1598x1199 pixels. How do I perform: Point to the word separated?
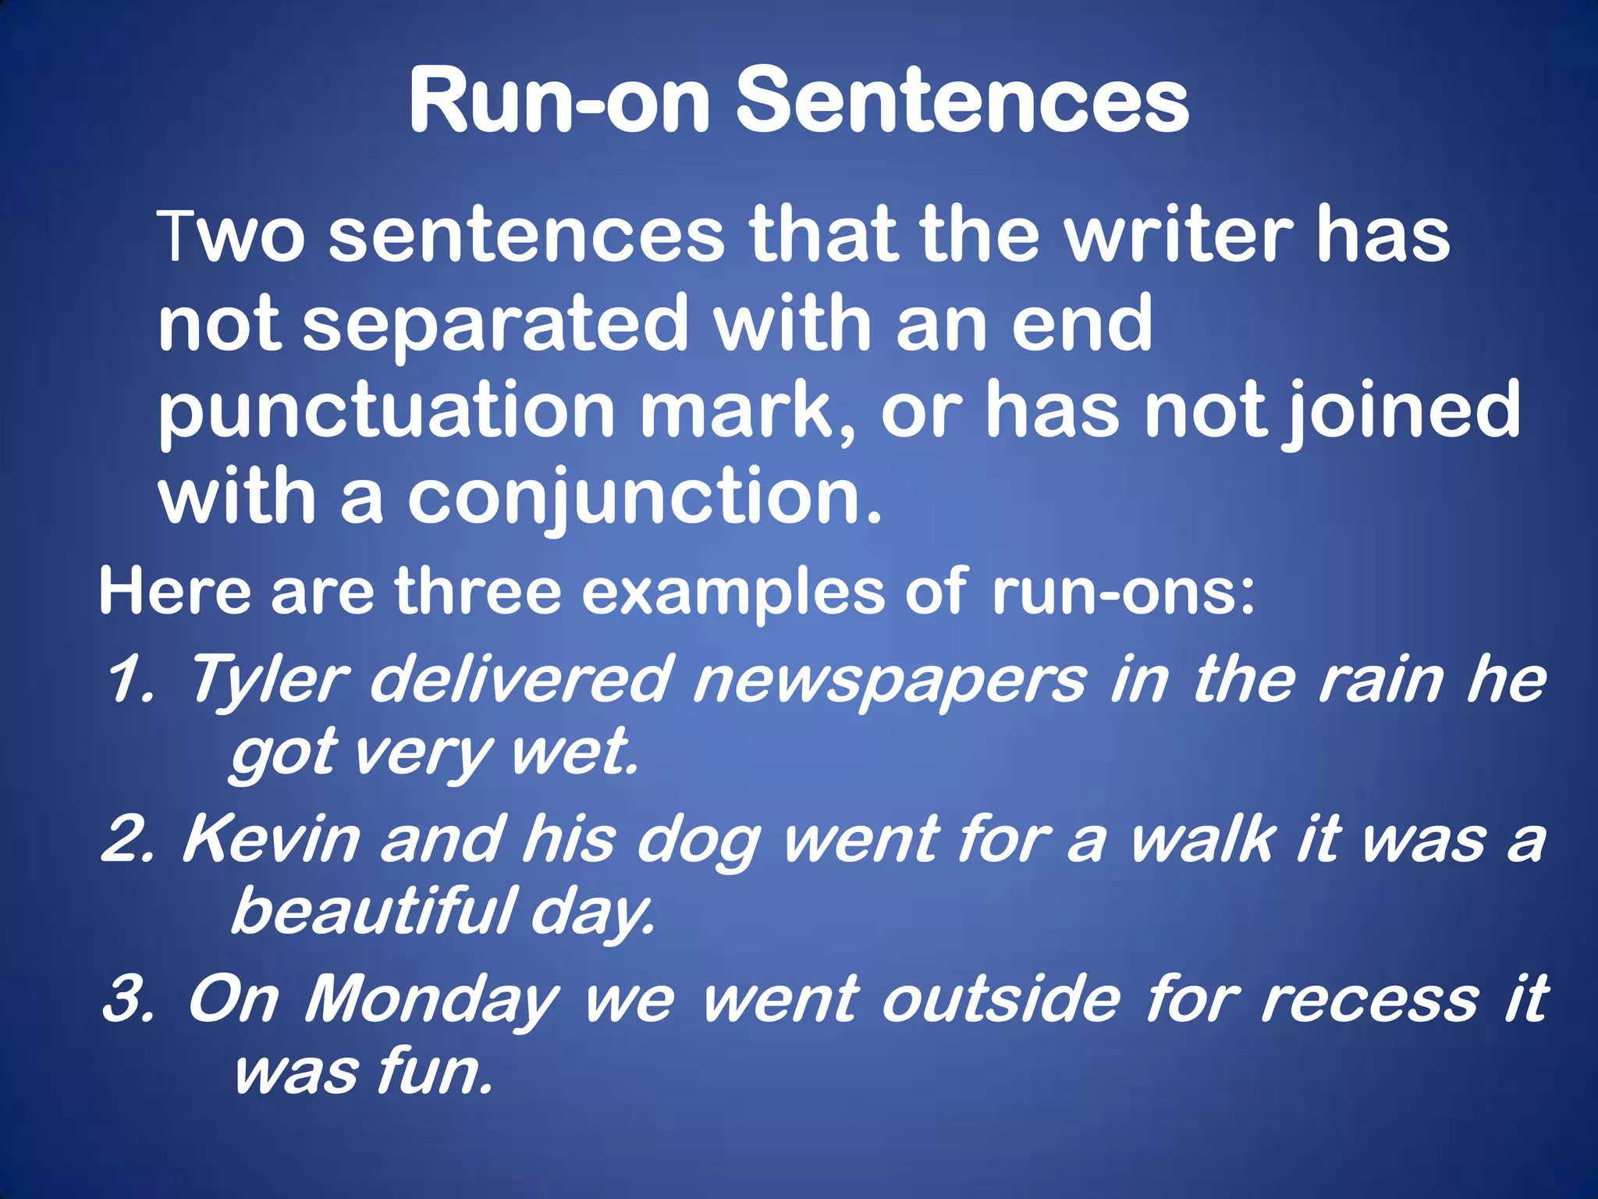click(495, 323)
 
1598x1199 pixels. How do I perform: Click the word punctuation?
click(387, 411)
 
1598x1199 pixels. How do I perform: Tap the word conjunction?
click(645, 500)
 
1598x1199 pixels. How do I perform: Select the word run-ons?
click(1123, 592)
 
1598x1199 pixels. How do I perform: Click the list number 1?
click(130, 680)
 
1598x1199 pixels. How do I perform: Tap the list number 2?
click(128, 840)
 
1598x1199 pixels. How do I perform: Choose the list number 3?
click(129, 999)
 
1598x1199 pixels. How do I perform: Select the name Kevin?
click(272, 840)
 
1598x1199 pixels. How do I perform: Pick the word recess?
click(1369, 999)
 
